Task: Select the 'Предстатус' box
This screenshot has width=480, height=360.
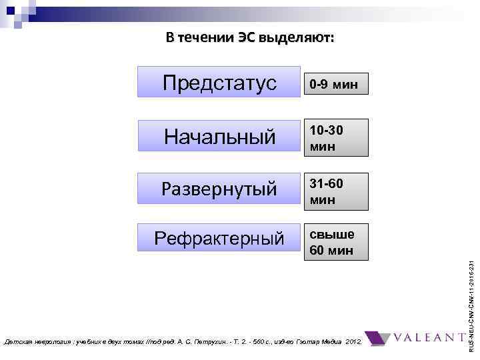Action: pos(219,83)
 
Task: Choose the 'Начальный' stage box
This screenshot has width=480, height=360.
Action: pos(219,137)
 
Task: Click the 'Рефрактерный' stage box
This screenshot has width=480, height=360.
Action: pos(219,238)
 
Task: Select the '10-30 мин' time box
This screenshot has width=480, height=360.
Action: pos(335,137)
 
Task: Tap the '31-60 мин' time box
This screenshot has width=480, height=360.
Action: pos(335,190)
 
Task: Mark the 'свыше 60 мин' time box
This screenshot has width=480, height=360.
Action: pos(335,242)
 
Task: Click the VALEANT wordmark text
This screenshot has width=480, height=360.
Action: pos(432,338)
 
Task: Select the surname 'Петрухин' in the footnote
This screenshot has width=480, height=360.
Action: pos(227,342)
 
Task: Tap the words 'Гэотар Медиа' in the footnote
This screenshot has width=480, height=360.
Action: pos(318,342)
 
